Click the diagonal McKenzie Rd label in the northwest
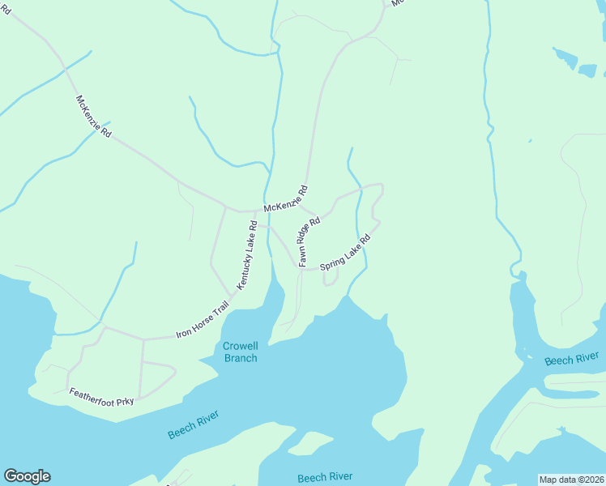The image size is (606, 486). [x=93, y=116]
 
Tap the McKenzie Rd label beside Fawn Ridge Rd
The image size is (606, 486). [x=286, y=198]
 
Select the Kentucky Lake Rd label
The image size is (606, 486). [x=247, y=254]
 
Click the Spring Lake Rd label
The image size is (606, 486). [x=345, y=253]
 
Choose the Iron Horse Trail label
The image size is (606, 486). [x=203, y=322]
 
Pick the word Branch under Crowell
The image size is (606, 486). [x=240, y=358]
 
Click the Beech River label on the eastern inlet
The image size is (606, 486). [x=571, y=359]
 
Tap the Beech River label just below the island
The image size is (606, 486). [x=324, y=478]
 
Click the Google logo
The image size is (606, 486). [x=27, y=476]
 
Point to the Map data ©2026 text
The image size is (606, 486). [x=571, y=480]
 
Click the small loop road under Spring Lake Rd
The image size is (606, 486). [x=331, y=277]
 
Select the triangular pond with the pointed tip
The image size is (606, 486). [x=565, y=58]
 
